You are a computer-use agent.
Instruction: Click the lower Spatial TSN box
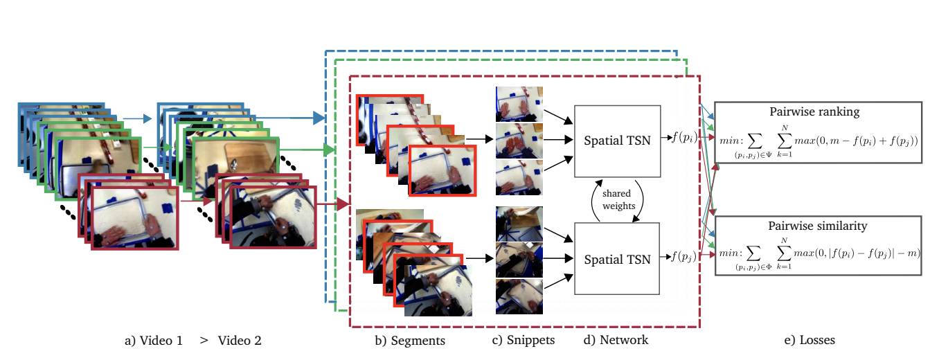click(618, 260)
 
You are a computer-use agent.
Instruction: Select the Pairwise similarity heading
click(818, 226)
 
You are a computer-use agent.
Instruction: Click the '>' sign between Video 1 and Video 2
click(204, 340)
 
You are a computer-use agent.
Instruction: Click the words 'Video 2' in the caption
click(240, 340)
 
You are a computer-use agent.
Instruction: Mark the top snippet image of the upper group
click(519, 104)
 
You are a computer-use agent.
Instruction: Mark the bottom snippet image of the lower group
click(519, 297)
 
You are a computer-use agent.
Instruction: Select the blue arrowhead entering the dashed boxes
click(319, 118)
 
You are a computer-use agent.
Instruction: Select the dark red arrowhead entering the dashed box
click(343, 205)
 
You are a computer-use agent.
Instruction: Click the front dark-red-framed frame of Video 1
click(136, 217)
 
